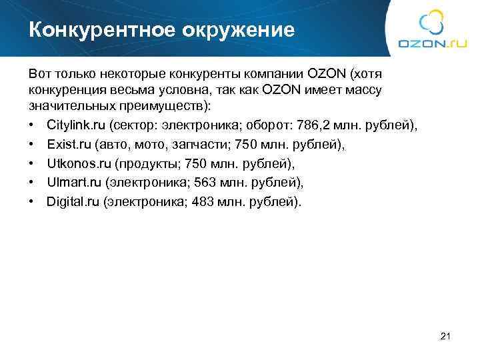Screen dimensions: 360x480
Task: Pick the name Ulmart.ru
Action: pos(73,182)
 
